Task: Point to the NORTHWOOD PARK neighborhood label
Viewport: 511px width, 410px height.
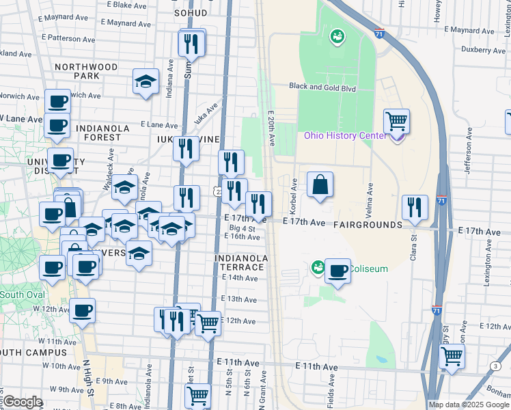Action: coord(86,71)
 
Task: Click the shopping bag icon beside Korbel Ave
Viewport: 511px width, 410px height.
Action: coord(320,185)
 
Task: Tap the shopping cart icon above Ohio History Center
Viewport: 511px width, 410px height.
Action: coord(396,122)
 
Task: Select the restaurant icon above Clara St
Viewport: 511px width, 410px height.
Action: coord(415,208)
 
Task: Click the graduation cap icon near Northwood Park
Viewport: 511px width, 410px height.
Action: coord(146,82)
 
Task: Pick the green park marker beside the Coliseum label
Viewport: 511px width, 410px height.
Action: coord(317,267)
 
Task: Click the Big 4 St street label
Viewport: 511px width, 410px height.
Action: coord(242,228)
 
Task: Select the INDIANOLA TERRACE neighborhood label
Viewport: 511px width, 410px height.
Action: coord(238,262)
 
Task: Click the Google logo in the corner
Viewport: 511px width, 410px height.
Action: coord(23,402)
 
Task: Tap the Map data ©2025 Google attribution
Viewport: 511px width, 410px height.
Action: coord(469,405)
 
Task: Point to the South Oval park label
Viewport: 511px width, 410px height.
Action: coord(22,295)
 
